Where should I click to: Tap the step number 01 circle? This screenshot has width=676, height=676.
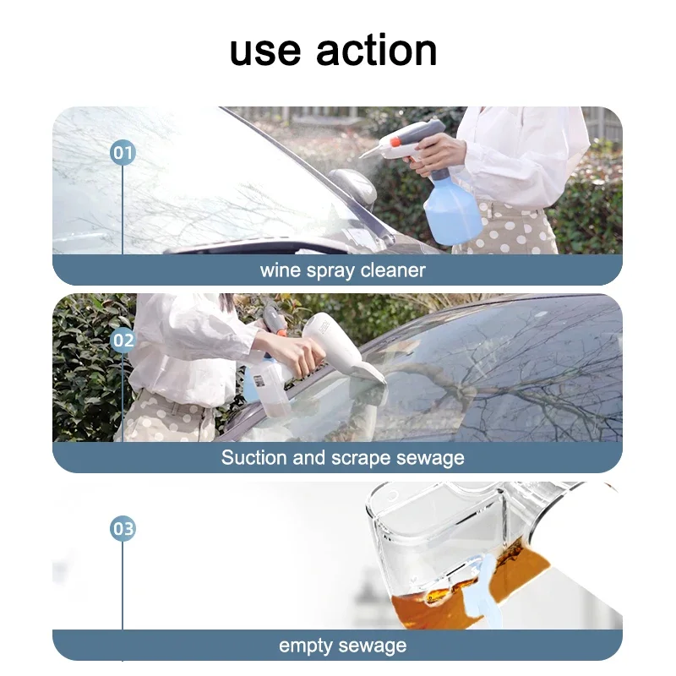123,153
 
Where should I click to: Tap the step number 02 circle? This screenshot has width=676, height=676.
123,341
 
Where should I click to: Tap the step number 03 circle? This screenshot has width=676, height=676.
123,529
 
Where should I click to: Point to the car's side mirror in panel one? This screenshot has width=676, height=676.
355,186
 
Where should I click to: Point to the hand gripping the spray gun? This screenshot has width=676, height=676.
439,152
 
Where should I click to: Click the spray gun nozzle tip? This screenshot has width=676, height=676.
363,155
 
